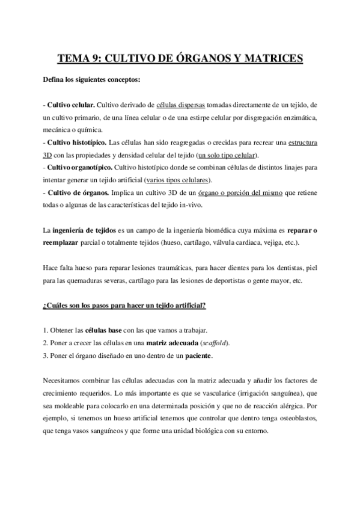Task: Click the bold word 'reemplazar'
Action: point(62,243)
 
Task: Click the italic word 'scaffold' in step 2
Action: point(215,343)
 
